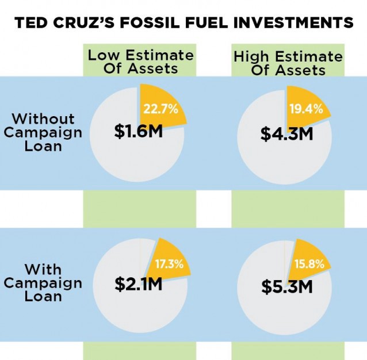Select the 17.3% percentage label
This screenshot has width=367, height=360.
(169, 264)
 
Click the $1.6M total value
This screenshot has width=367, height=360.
(137, 132)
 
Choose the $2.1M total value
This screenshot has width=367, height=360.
(138, 283)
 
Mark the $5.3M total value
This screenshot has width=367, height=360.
(286, 285)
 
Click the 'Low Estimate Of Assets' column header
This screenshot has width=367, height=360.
(140, 62)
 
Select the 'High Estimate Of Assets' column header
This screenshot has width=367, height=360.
(288, 63)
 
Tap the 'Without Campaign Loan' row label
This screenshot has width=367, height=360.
(44, 132)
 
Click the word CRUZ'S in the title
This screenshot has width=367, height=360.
(85, 24)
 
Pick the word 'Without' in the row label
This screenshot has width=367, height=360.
(43, 119)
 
